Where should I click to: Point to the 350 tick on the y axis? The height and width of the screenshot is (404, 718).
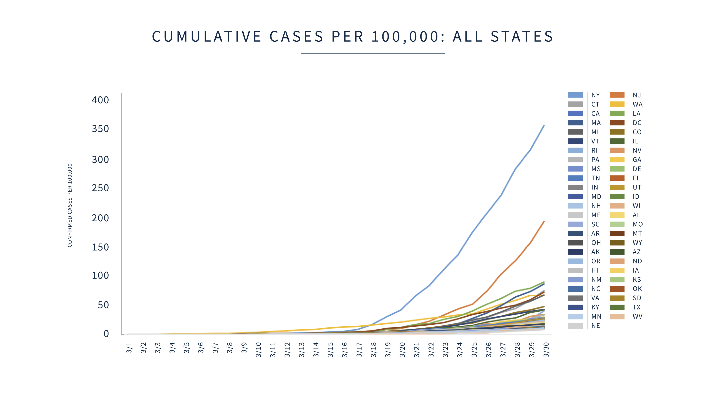point(100,129)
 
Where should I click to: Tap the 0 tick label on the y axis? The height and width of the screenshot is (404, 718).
point(106,333)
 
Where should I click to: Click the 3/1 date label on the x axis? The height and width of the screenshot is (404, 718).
point(129,348)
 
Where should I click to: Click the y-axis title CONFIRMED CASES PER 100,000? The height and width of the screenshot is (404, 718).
point(70,205)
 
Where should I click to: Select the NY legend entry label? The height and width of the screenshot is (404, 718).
point(595,95)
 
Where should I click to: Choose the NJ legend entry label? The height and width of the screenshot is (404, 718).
point(637,95)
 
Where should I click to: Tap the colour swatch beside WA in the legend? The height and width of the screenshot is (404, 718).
point(617,104)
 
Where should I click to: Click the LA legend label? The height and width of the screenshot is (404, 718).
point(637,113)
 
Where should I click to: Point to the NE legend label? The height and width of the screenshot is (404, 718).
point(595,326)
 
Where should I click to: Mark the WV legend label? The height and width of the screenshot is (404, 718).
point(637,316)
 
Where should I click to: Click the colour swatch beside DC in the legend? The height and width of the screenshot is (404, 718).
point(617,123)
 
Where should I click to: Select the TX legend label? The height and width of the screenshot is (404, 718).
point(637,307)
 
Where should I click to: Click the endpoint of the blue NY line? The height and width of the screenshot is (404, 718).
point(544,126)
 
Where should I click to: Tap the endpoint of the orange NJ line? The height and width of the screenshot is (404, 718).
point(544,222)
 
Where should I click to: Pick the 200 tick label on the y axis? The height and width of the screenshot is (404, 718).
point(100,218)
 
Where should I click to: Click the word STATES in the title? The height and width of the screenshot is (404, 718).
point(522,36)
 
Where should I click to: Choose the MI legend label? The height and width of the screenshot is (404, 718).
point(595,132)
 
